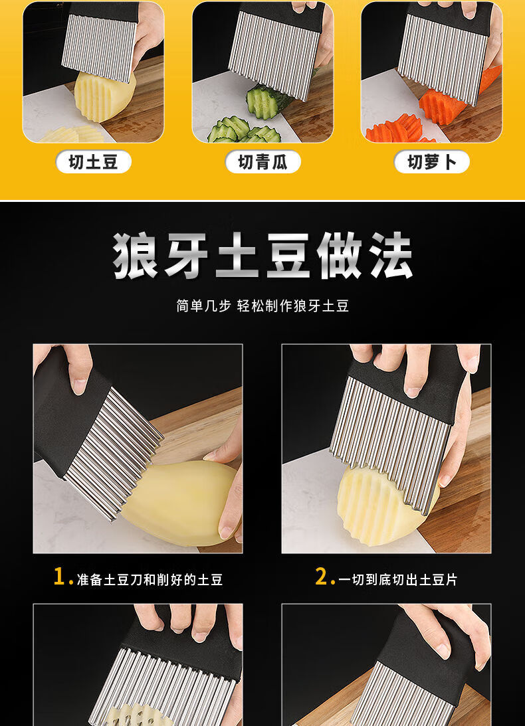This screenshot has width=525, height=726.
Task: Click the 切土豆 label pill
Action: click(x=93, y=162)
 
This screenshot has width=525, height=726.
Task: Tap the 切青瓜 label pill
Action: click(x=262, y=162)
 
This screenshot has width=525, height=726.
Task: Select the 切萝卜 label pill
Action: click(x=432, y=162)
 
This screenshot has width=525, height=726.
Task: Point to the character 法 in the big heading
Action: click(x=390, y=256)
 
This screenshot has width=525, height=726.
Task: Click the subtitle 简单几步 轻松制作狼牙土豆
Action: click(x=262, y=306)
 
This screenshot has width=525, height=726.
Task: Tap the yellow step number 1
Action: click(x=60, y=577)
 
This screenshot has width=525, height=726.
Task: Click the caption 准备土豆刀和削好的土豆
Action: click(x=150, y=579)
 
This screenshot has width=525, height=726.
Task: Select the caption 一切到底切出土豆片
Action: click(x=397, y=579)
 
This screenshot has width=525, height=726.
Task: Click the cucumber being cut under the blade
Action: click(x=268, y=100)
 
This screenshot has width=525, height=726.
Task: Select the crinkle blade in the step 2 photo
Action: click(x=389, y=440)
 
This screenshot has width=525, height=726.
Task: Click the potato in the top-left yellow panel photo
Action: click(x=104, y=96)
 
